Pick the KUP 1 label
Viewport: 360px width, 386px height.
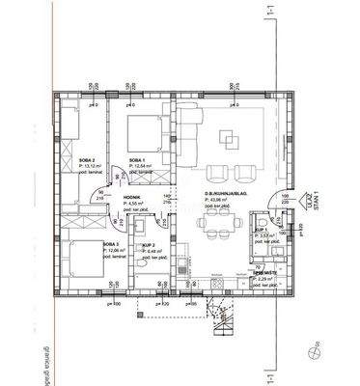(x=263, y=230)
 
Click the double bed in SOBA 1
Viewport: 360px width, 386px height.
(x=143, y=130)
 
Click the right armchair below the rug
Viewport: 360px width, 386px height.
(x=245, y=173)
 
